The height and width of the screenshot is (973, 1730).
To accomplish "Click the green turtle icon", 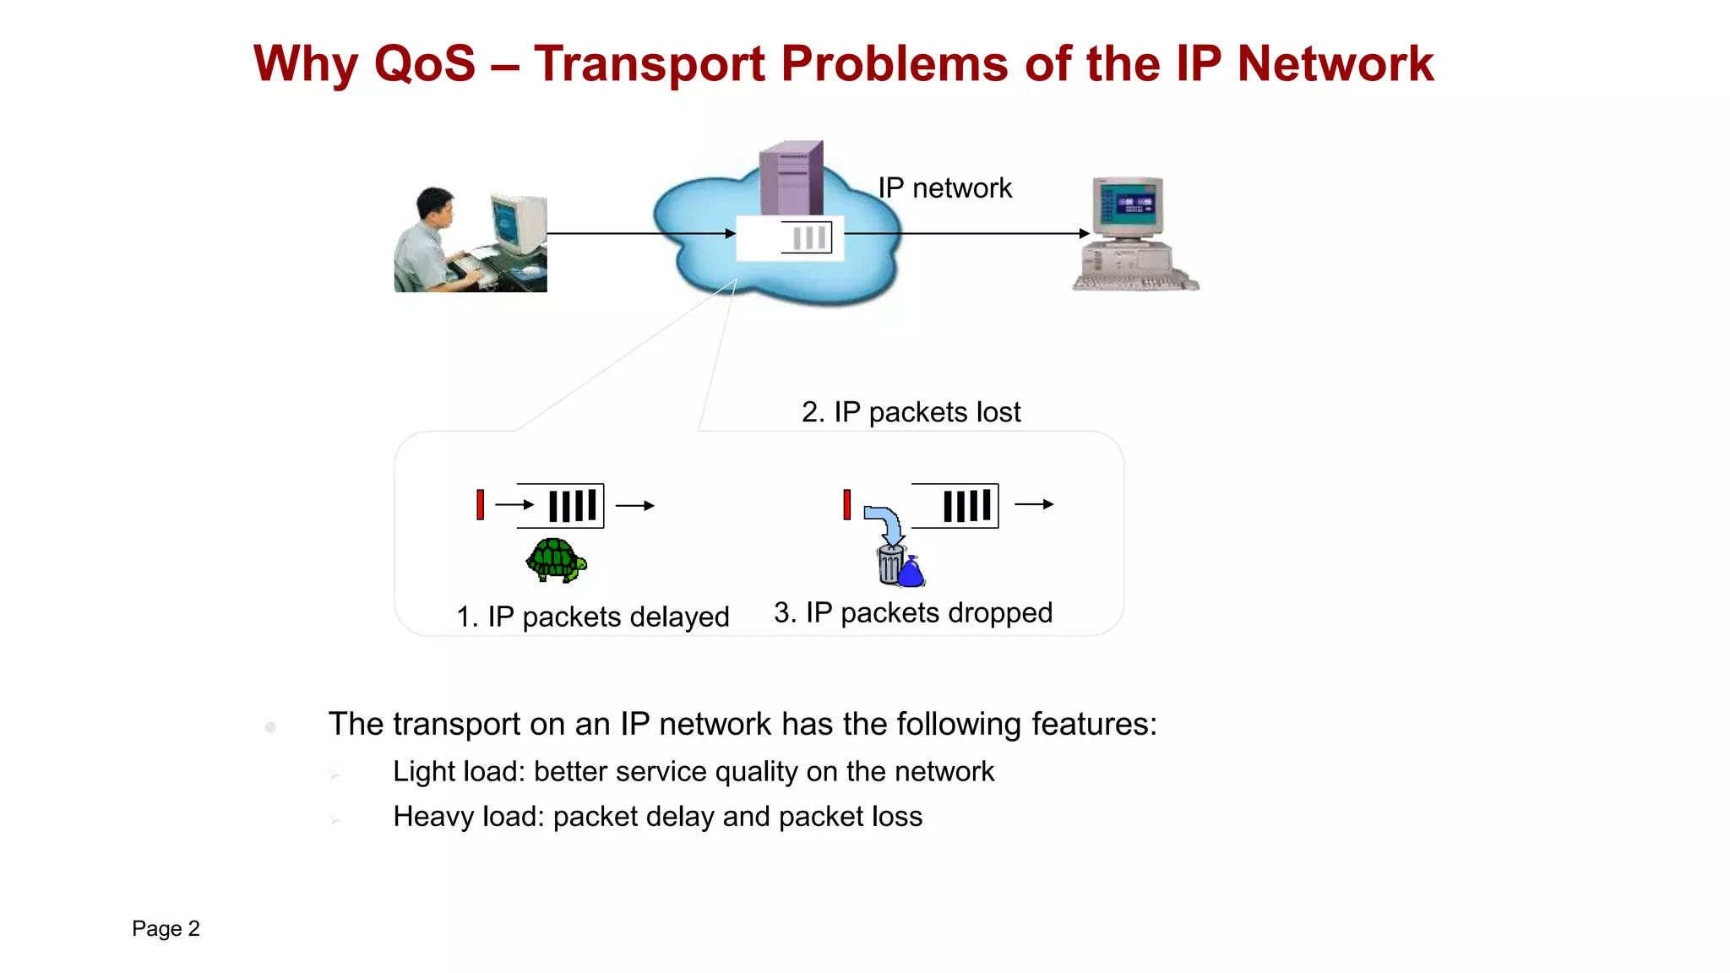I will (x=556, y=560).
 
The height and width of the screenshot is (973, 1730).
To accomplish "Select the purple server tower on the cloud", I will (x=791, y=178).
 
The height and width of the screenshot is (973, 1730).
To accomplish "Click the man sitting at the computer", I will (x=431, y=241).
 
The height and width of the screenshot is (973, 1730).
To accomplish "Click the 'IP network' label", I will (x=944, y=188).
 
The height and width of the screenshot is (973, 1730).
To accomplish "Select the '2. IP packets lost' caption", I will (x=911, y=412).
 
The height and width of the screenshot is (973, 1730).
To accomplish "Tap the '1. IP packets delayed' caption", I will (x=592, y=617).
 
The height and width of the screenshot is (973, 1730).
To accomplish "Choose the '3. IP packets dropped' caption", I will (x=913, y=612).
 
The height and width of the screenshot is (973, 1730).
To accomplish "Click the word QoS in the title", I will (x=425, y=64).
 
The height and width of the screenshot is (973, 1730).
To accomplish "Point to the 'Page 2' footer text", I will (x=166, y=928).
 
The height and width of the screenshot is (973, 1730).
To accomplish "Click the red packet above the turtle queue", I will (x=480, y=504).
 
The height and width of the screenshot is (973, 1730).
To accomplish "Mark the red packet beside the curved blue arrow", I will (x=846, y=504).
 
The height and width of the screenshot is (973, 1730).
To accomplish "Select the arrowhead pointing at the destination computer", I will (x=1085, y=233).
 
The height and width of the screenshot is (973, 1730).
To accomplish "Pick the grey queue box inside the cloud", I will (x=806, y=237).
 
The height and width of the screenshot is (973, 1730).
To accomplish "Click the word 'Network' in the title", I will (x=1335, y=64).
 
